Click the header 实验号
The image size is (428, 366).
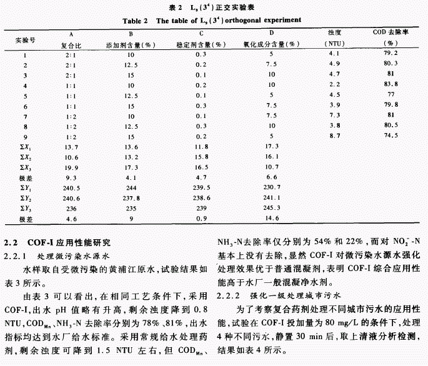pos(26,39)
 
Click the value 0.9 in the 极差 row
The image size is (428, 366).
pos(201,219)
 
